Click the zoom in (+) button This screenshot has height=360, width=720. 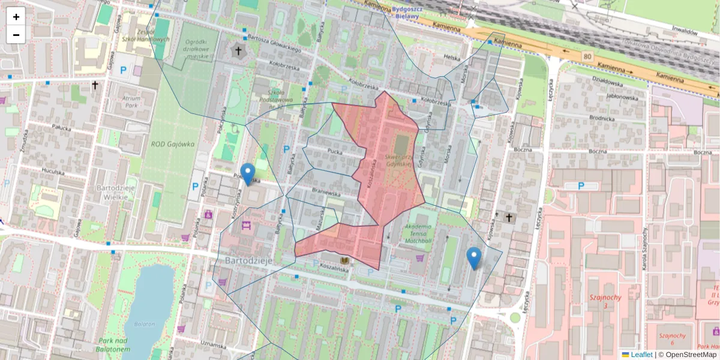point(16,17)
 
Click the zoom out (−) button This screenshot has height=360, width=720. point(16,35)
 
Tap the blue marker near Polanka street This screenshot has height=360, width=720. point(247,174)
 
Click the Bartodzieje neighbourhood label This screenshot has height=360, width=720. point(250,261)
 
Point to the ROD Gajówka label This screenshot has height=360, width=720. point(173,144)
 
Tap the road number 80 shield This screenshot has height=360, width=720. point(587,56)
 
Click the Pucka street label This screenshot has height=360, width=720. point(335,152)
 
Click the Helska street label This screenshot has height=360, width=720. point(451,57)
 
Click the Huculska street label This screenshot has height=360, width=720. point(53,171)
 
